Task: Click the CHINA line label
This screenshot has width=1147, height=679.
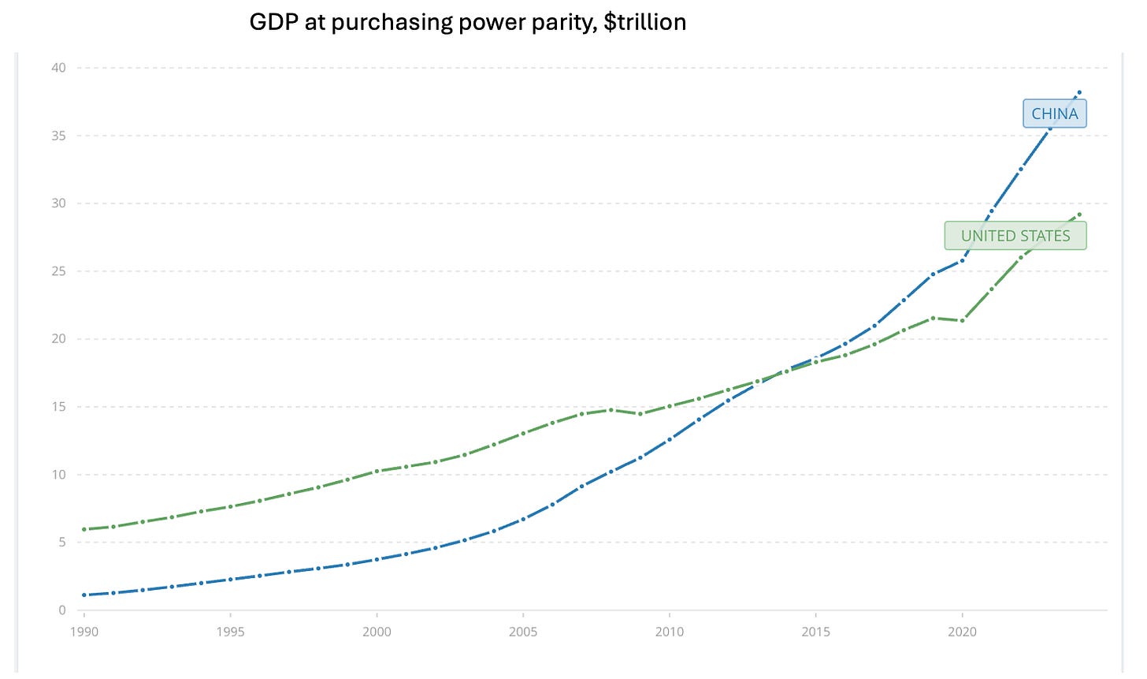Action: tap(1054, 114)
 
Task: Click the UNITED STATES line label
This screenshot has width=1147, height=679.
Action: tap(1015, 236)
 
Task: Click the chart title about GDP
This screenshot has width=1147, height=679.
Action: tap(467, 22)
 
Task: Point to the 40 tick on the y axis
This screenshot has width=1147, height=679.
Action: tap(59, 68)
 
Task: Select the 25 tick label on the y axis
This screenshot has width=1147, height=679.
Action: tap(59, 271)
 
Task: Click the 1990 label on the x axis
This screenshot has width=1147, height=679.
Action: tap(84, 632)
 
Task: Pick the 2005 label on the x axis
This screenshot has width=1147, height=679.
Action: tap(522, 632)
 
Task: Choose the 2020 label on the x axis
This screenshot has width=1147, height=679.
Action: tap(962, 632)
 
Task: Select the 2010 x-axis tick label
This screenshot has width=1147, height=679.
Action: tap(669, 632)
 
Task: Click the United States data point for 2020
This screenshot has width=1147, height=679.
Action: tap(962, 320)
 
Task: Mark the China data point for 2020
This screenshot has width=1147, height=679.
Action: tap(962, 259)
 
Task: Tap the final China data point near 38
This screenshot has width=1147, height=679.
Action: tap(1079, 92)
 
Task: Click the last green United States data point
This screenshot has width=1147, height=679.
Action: tap(1079, 214)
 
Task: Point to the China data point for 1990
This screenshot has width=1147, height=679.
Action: tap(84, 595)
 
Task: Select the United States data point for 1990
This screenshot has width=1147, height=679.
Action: tap(84, 529)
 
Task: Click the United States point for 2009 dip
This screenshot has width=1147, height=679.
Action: tap(640, 414)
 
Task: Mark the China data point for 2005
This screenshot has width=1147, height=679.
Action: tap(522, 520)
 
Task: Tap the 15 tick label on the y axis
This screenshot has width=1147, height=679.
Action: tap(59, 407)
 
